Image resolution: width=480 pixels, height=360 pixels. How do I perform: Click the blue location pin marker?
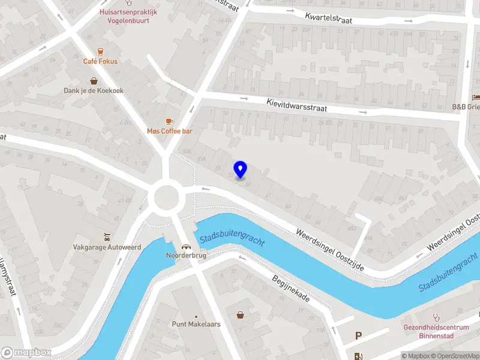tap(241, 170)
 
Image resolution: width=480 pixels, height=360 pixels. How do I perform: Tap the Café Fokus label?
tap(100, 61)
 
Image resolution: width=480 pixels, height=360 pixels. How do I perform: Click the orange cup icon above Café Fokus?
tap(100, 51)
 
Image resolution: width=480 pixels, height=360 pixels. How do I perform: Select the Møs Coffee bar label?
tap(169, 131)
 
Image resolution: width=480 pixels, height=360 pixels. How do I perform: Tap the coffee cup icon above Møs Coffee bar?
tap(169, 121)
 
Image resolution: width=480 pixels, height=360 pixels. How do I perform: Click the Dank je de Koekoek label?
tap(94, 91)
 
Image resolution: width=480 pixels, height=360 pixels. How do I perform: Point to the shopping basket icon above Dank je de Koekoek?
tap(94, 80)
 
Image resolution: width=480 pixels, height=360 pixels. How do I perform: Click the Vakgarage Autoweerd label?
tap(106, 246)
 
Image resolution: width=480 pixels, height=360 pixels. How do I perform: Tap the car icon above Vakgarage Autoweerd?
tap(106, 235)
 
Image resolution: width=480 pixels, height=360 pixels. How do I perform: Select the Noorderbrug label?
tap(186, 256)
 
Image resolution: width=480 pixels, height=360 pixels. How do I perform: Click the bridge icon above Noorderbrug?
tap(186, 246)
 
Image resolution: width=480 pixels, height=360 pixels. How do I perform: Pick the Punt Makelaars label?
tap(196, 325)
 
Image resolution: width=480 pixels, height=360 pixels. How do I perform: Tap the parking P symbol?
tap(359, 336)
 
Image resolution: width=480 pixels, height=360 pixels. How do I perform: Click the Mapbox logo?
tap(26, 353)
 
